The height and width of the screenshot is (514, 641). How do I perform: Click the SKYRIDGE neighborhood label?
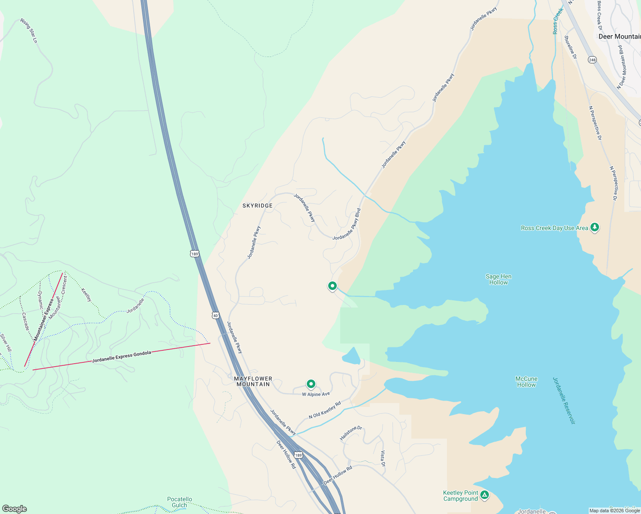pyautogui.click(x=258, y=206)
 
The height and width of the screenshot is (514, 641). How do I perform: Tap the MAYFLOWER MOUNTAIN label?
pyautogui.click(x=253, y=381)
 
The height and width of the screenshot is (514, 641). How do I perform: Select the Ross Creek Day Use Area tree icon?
pyautogui.click(x=594, y=227)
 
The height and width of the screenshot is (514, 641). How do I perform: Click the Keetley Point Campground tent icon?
pyautogui.click(x=485, y=495)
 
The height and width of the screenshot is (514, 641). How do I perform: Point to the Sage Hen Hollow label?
pyautogui.click(x=498, y=279)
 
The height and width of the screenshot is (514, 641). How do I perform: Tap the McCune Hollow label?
pyautogui.click(x=526, y=382)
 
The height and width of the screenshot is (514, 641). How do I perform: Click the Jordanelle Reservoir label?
pyautogui.click(x=563, y=400)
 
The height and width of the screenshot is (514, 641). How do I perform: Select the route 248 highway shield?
pyautogui.click(x=592, y=60)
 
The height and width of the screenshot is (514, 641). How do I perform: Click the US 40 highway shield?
pyautogui.click(x=215, y=315)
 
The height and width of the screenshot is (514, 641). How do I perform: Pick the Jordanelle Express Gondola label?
pyautogui.click(x=122, y=356)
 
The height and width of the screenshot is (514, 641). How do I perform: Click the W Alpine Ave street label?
pyautogui.click(x=316, y=394)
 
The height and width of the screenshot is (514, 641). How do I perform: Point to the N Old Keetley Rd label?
pyautogui.click(x=325, y=410)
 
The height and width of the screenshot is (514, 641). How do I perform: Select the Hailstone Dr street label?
pyautogui.click(x=351, y=433)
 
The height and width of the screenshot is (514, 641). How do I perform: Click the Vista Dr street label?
pyautogui.click(x=383, y=458)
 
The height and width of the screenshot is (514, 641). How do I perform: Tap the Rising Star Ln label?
pyautogui.click(x=29, y=30)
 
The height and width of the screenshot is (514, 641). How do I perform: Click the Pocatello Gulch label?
pyautogui.click(x=180, y=502)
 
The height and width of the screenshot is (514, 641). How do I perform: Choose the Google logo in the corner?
pyautogui.click(x=15, y=508)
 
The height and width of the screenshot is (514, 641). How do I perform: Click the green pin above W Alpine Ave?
pyautogui.click(x=311, y=384)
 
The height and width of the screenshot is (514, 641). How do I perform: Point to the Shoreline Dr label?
pyautogui.click(x=570, y=47)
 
